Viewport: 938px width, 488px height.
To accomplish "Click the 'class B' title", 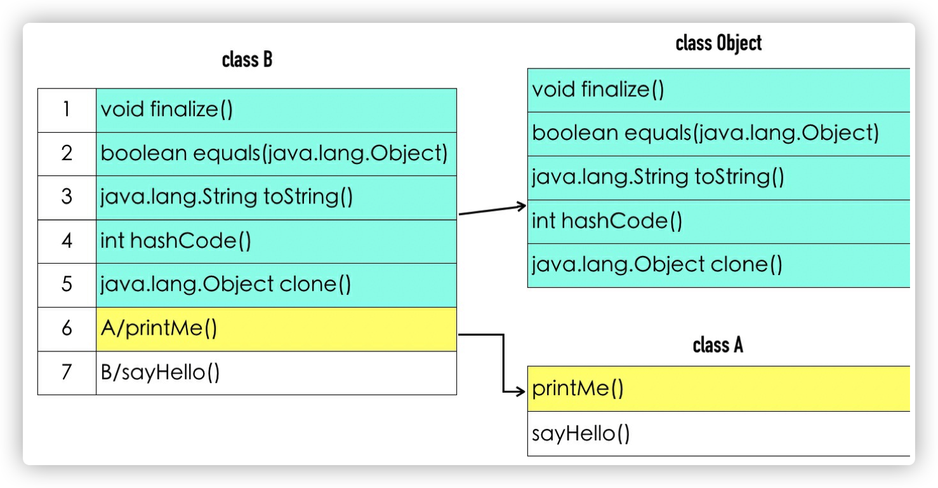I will point(247,60).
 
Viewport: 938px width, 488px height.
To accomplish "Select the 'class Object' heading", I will point(718,43).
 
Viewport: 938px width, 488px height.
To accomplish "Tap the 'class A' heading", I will point(718,345).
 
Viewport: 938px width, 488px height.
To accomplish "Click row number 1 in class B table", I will point(67,110).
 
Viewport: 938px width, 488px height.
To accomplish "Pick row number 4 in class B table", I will point(67,241).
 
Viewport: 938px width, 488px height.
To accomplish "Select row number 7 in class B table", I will point(67,372).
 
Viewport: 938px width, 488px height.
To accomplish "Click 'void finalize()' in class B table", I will point(167,110).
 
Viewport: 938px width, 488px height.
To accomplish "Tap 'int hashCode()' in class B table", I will point(176,241).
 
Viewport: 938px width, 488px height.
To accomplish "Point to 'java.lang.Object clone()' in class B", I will point(225,284).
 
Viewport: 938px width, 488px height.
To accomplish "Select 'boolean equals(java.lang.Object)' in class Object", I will point(705,133).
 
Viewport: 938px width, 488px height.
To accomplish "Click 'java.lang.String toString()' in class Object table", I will point(657,177).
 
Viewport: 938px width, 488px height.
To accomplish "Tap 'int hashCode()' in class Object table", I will point(607,221).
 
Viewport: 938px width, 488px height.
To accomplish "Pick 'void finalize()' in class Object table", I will point(598,90).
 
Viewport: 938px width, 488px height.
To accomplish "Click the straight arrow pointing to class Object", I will point(492,210).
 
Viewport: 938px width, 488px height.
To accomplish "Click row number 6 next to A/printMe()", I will point(67,329).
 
